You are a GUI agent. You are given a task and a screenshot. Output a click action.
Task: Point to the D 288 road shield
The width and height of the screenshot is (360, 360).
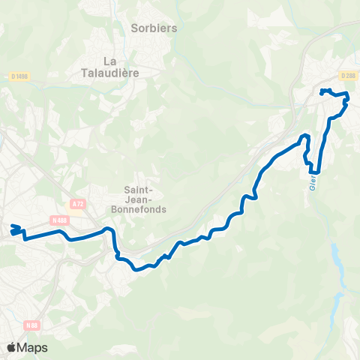click(347, 75)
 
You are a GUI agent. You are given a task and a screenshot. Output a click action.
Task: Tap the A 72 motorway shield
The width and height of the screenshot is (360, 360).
click(78, 202)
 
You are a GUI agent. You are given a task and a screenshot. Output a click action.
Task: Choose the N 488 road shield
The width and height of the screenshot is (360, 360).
click(60, 219)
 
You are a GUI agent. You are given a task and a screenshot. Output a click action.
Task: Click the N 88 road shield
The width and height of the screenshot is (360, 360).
click(31, 325)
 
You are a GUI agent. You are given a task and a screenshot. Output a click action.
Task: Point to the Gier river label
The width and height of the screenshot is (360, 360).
click(311, 183)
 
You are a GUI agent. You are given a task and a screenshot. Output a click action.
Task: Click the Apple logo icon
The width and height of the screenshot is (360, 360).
click(11, 347)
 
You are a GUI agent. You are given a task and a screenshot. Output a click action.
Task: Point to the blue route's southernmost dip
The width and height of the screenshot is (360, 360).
click(139, 268)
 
